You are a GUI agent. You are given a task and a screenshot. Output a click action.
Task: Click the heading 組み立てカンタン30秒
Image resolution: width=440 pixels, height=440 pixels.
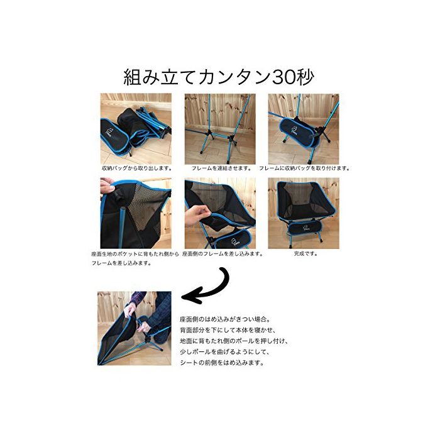(x=219, y=77)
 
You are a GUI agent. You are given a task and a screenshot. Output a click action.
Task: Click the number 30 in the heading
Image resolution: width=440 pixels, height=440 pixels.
(x=283, y=77)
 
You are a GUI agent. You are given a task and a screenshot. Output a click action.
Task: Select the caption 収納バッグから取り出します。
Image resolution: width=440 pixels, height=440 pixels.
(x=137, y=168)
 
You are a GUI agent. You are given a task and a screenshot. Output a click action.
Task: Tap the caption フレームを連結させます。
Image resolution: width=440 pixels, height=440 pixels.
(x=221, y=168)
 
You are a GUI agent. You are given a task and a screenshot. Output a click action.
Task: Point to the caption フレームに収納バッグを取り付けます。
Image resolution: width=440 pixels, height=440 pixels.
(x=304, y=168)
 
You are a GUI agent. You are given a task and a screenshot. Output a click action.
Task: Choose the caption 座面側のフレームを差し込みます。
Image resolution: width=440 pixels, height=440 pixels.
(x=223, y=254)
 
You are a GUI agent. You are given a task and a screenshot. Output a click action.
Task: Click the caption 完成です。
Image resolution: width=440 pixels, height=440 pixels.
(x=305, y=254)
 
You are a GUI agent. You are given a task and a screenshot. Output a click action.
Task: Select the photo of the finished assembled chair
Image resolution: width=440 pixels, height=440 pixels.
(x=304, y=213)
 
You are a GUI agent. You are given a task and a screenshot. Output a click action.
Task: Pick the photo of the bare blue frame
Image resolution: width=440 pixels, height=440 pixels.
(x=220, y=129)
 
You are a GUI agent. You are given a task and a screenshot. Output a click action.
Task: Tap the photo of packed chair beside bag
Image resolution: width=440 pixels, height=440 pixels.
(x=136, y=129)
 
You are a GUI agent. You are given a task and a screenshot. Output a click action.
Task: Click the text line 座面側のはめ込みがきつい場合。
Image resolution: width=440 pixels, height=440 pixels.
(x=225, y=319)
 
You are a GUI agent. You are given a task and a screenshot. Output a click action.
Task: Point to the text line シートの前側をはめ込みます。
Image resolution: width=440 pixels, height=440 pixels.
(x=222, y=363)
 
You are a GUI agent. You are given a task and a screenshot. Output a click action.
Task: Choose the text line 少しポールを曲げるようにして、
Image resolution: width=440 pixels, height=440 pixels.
(x=225, y=352)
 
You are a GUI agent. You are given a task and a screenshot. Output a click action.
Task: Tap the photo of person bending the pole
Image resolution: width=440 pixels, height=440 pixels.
(x=135, y=328)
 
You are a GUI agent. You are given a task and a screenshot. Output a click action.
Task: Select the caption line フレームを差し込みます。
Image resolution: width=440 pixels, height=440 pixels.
(x=121, y=263)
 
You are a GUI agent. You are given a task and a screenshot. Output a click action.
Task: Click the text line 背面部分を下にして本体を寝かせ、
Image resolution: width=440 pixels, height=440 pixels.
(x=228, y=330)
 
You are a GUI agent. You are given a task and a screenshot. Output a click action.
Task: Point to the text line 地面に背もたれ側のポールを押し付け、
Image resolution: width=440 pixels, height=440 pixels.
(x=234, y=341)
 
